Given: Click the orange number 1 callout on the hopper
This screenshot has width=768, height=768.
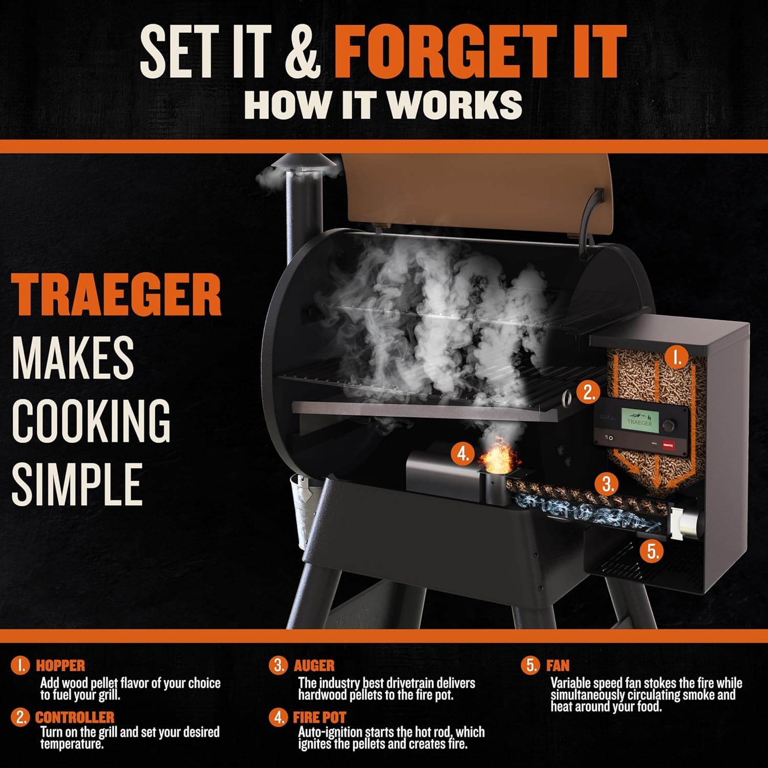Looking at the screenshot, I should coord(677,357).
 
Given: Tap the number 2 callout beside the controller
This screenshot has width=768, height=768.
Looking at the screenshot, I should coord(589,392).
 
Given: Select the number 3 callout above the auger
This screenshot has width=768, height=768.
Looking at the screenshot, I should coord(607,483).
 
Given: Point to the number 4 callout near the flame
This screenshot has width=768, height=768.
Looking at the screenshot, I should coord(463,453).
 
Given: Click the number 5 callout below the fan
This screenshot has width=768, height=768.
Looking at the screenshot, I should coord(653,551).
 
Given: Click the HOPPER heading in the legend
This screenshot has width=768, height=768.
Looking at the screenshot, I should coord(60,666).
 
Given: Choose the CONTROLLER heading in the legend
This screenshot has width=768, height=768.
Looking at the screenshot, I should coord(75,717).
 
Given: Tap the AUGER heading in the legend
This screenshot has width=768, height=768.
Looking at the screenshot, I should coord(314,666).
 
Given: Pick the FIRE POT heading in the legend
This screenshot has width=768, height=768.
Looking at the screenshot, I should coord(319,717).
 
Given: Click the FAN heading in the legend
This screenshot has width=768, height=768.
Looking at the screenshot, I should coord(558,666).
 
